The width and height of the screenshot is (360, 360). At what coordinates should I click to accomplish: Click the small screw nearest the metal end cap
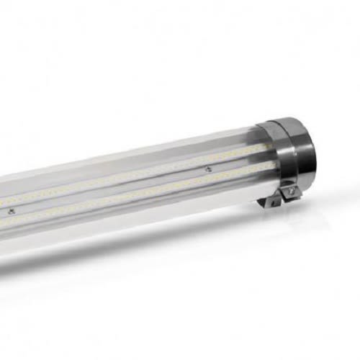[207, 171]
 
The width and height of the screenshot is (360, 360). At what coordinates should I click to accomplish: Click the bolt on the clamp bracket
[289, 191]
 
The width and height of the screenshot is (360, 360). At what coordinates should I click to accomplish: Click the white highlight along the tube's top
[144, 155]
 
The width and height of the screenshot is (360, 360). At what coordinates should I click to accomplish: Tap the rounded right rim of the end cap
[312, 151]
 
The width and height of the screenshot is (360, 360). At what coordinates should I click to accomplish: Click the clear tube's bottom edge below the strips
[144, 220]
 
